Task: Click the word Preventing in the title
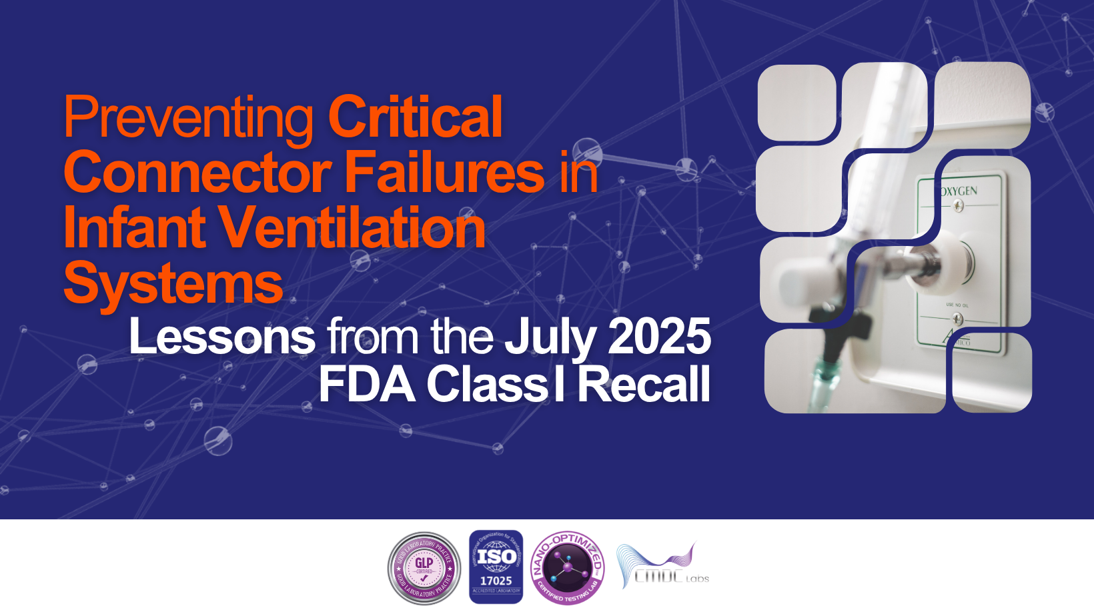point(188,119)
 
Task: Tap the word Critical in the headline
point(415,117)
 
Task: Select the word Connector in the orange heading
point(197,173)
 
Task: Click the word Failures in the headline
point(445,173)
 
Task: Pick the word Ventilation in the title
point(352,227)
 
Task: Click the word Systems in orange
point(173,283)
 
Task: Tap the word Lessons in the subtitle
point(222,337)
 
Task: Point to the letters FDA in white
point(367,385)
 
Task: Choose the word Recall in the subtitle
point(643,385)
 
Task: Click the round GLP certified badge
point(424,568)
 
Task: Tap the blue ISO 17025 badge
point(496,567)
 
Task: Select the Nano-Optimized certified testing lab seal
point(568,568)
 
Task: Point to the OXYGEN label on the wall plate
point(959,191)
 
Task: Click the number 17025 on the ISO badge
point(496,581)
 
